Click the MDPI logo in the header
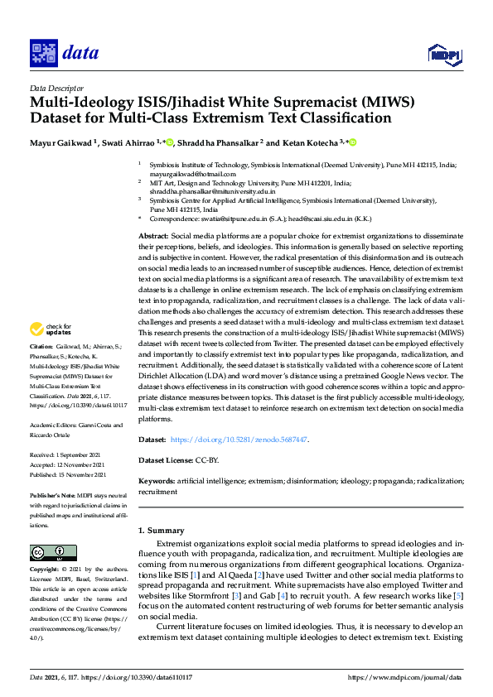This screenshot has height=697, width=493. coord(443,55)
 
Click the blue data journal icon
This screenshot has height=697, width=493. coord(42,54)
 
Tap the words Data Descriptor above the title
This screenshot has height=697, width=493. coord(56,87)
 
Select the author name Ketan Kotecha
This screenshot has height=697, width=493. coord(306,142)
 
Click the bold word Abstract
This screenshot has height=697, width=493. coord(152,237)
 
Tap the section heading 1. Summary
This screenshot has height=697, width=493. coord(161,530)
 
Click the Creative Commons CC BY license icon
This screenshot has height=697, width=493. coord(48,553)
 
